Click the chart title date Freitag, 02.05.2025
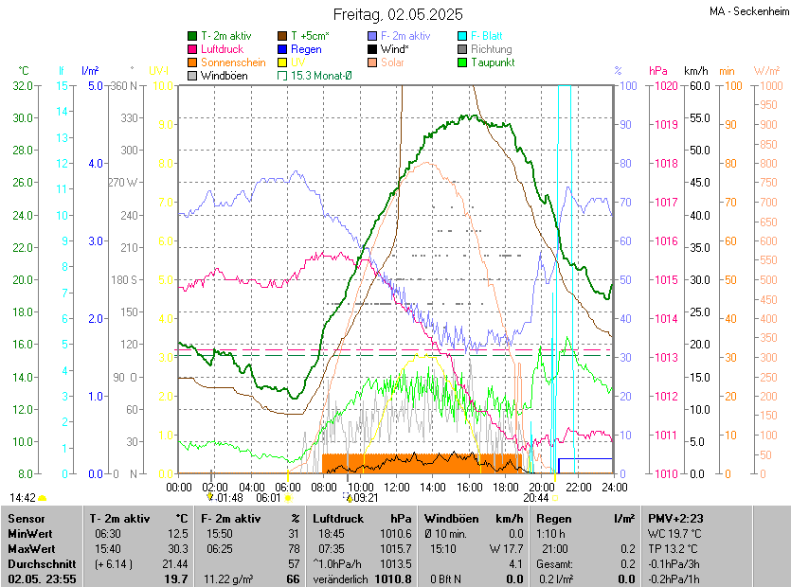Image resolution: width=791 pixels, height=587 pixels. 398,14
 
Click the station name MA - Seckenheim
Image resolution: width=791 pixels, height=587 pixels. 748,10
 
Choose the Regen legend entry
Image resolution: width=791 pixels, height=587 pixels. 306,48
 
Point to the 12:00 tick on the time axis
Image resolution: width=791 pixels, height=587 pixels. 397,487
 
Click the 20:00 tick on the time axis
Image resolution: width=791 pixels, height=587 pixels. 542,487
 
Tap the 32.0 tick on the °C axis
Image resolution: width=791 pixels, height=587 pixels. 23,85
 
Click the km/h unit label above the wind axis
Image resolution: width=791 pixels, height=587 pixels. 696,70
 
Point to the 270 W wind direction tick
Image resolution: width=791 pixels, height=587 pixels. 123,183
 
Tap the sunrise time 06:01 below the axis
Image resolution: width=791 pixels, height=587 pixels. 269,497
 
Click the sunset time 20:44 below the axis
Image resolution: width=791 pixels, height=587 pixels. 536,497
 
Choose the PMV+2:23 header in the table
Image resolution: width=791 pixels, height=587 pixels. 674,518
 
